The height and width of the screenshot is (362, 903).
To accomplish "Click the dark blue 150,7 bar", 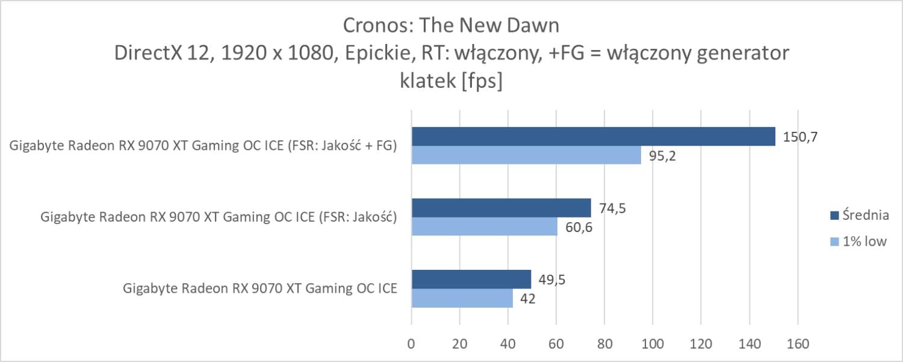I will coord(593,137).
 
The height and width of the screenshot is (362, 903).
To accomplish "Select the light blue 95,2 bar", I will coord(526,155).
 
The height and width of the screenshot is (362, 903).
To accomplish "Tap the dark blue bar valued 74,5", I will coord(501,208).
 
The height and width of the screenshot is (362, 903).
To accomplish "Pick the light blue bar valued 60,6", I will coord(484,226).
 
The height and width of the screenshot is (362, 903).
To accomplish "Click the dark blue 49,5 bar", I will coord(471,279).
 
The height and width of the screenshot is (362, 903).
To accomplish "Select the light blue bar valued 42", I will coord(462,298).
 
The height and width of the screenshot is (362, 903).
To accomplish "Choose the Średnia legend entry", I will coord(858,214).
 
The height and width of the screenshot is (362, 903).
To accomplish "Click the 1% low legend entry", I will coord(858,242).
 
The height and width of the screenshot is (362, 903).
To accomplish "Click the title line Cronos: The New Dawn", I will coord(451,25).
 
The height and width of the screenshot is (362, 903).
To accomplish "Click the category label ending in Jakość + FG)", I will coord(203,146).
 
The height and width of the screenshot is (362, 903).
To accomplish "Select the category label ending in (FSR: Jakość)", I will coord(218,217).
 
